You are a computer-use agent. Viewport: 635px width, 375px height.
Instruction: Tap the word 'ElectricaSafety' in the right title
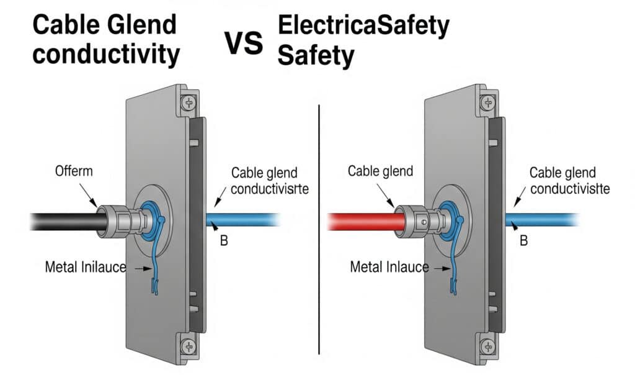click(363, 26)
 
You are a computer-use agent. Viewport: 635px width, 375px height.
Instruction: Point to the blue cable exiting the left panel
click(242, 220)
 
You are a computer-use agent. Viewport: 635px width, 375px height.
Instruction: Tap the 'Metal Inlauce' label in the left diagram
click(86, 268)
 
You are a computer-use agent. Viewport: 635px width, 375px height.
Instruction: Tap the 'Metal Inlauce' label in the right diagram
click(389, 268)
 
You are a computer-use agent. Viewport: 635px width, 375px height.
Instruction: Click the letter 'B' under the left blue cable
click(224, 241)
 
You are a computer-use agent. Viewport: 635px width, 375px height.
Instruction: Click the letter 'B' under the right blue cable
click(523, 241)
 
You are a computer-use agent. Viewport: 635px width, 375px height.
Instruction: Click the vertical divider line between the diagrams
click(319, 230)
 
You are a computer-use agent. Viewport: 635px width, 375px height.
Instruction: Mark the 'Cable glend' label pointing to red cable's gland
click(380, 171)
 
